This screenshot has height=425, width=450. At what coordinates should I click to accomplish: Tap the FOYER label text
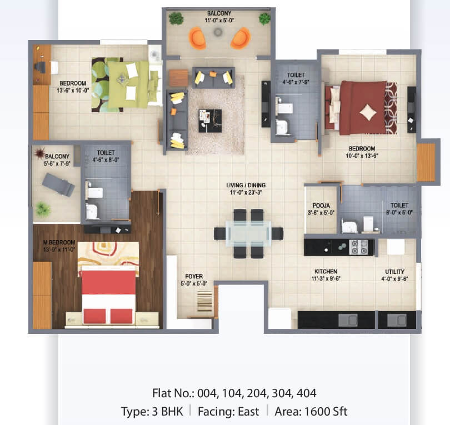click(194, 276)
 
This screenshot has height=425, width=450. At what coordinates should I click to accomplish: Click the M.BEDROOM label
click(59, 242)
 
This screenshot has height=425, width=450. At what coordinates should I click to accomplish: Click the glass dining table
click(248, 233)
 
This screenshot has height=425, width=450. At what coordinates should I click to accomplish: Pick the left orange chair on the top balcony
click(198, 38)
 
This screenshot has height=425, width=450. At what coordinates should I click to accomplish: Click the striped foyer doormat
click(204, 301)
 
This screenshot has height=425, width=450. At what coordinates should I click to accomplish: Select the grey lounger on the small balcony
click(58, 184)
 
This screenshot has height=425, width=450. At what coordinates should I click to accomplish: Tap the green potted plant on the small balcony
click(43, 209)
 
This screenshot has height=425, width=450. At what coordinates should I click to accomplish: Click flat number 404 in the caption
click(306, 393)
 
